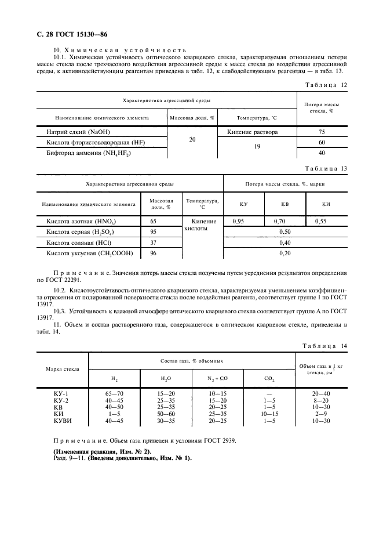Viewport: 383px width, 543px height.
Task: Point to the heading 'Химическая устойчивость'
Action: (124, 50)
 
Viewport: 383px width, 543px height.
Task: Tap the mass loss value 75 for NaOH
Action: (322, 132)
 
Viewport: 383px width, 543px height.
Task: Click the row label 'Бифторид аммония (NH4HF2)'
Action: (88, 153)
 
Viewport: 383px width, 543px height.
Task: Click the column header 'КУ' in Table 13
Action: (244, 204)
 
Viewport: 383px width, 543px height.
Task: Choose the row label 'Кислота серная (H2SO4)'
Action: (83, 232)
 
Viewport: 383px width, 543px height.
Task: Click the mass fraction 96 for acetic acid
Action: (154, 254)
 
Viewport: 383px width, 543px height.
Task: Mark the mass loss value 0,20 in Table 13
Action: (284, 254)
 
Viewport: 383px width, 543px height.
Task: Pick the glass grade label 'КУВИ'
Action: (61, 421)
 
